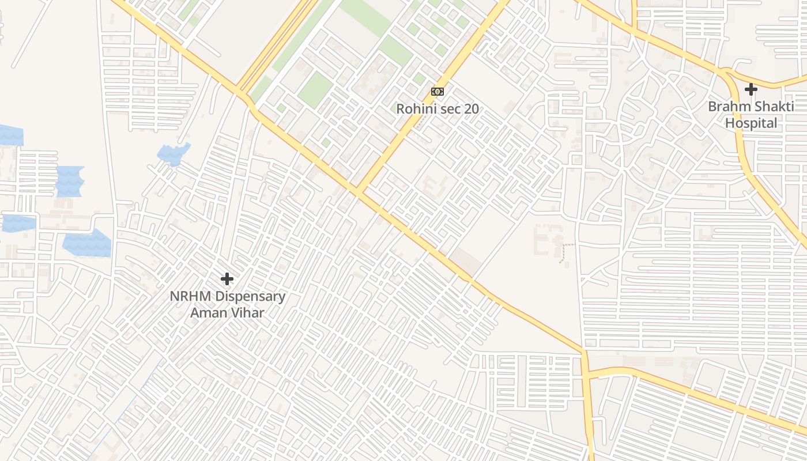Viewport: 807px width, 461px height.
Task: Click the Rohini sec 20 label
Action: pyautogui.click(x=437, y=108)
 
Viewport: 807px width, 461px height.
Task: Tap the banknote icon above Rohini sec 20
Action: pyautogui.click(x=438, y=92)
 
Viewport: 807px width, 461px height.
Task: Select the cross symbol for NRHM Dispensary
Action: pyautogui.click(x=227, y=279)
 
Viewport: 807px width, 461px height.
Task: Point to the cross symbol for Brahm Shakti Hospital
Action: pyautogui.click(x=751, y=89)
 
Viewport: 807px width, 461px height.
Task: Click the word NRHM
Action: pyautogui.click(x=191, y=297)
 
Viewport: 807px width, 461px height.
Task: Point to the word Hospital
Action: pyautogui.click(x=751, y=123)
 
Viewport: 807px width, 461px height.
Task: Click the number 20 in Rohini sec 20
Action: pyautogui.click(x=471, y=108)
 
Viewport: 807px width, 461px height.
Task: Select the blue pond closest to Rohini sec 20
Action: pyautogui.click(x=173, y=153)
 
